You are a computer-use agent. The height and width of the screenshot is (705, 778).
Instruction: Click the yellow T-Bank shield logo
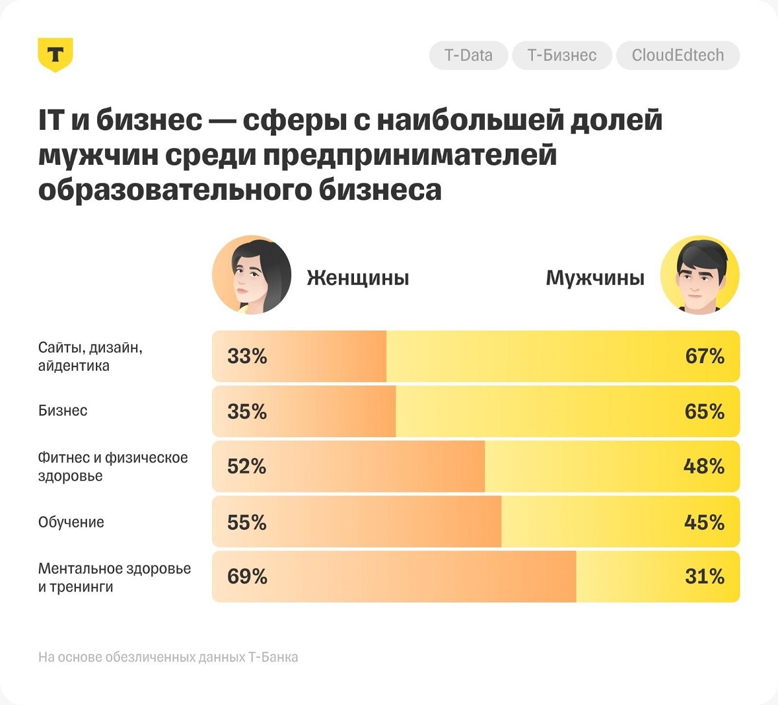point(55,54)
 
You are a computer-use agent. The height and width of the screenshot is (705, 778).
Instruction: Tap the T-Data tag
point(468,55)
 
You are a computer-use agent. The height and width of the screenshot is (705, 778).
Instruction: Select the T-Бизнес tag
point(561,55)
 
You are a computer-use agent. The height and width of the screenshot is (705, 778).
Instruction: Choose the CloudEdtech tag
point(678,55)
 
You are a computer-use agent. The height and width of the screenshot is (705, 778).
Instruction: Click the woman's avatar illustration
point(252,276)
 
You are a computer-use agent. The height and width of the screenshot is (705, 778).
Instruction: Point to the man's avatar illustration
point(700,275)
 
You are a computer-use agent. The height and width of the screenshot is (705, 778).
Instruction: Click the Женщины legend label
point(358,278)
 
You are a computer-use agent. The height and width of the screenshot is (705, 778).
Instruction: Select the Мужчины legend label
point(595,278)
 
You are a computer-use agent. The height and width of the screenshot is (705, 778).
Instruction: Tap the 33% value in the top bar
point(247,356)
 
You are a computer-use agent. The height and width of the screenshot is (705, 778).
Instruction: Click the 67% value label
point(704,356)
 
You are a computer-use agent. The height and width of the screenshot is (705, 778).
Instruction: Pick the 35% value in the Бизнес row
point(247,411)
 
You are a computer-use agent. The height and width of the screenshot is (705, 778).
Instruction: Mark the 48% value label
point(703,466)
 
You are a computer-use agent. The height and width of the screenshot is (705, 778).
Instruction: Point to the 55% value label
point(247,522)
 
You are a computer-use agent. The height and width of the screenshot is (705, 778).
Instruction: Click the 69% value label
point(247,577)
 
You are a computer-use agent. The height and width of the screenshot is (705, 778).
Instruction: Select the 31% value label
point(704,577)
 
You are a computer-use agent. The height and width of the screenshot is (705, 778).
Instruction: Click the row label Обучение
point(71,522)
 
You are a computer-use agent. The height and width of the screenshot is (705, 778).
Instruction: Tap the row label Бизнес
point(63,411)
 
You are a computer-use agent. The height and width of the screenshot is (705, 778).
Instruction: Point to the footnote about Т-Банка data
point(168,657)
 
